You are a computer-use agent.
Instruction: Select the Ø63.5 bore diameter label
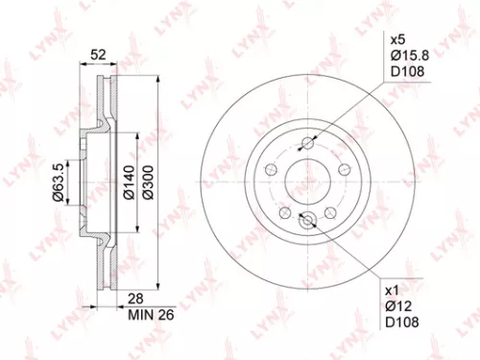click(x=60, y=181)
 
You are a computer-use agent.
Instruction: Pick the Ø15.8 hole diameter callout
click(x=405, y=58)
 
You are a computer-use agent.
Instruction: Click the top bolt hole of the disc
click(x=308, y=145)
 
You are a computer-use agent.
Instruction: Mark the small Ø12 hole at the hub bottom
click(x=308, y=220)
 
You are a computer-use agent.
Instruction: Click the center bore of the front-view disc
click(x=308, y=180)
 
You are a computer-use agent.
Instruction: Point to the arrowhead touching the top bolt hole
click(x=315, y=140)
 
